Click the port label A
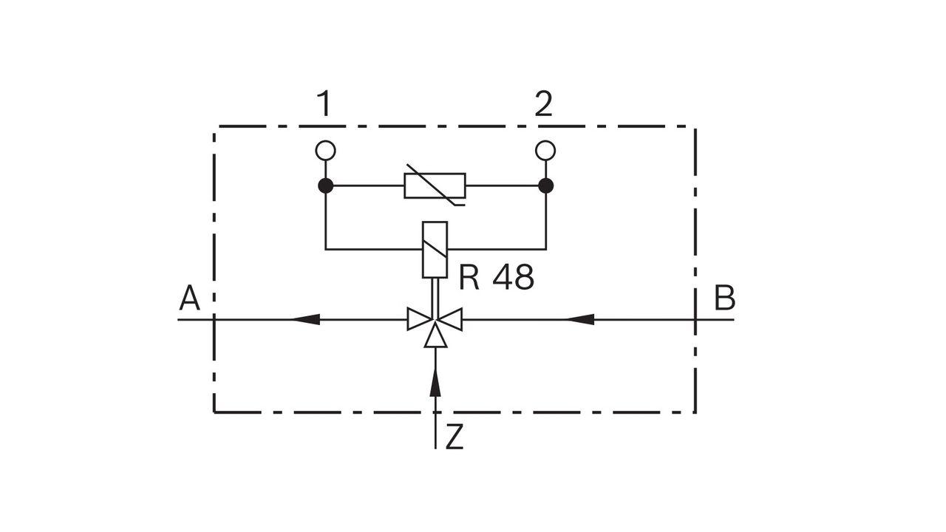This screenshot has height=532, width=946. tap(190, 299)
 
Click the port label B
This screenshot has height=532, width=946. tap(724, 299)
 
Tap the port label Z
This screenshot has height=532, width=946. tap(455, 437)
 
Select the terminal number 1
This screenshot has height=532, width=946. tap(324, 105)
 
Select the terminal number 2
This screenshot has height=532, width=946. tap(543, 105)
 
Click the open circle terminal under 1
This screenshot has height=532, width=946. tap(325, 151)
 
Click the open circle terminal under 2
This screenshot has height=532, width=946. tap(545, 151)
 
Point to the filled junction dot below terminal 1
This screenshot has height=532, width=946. tap(325, 185)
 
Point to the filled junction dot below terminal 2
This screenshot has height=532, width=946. tap(545, 185)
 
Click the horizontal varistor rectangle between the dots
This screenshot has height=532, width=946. tap(435, 185)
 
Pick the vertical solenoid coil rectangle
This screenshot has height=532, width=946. tap(435, 250)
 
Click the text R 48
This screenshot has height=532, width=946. tap(496, 278)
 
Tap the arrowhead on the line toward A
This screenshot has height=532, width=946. tap(306, 319)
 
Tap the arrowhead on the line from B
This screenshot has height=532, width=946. tap(581, 319)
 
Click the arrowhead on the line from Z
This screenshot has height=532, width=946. tap(435, 383)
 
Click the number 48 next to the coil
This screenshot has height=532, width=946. tap(514, 278)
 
